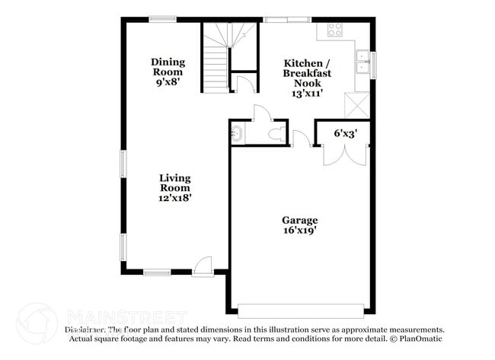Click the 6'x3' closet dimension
pyautogui.click(x=345, y=133)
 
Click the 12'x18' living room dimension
pyautogui.click(x=174, y=196)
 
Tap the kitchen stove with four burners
pyautogui.click(x=334, y=30)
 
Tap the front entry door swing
pyautogui.click(x=203, y=266)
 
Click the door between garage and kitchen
pyautogui.click(x=302, y=139)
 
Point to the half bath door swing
pyautogui.click(x=260, y=114)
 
